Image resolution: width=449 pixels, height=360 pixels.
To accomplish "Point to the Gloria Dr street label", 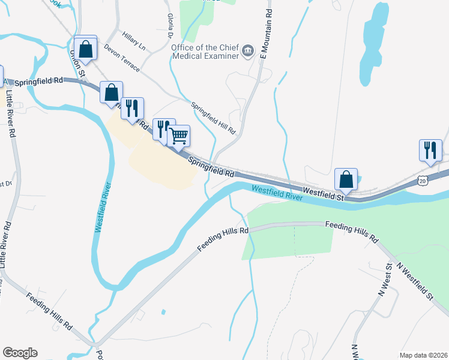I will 172,25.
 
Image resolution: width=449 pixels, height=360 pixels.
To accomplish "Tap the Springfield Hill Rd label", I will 213,118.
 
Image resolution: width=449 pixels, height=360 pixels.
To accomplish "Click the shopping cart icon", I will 178,136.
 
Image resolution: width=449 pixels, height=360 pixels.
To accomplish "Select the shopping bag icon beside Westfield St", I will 346,179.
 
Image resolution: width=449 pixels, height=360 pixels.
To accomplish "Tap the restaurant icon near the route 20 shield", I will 430,150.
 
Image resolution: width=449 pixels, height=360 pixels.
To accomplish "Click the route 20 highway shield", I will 423,180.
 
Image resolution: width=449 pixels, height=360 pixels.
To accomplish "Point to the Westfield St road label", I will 323,193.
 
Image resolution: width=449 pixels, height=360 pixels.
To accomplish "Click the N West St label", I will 384,281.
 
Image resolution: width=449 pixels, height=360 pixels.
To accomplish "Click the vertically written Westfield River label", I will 101,207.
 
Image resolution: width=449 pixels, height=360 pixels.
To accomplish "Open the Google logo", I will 20,353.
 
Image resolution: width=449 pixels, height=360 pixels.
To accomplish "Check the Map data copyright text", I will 423,355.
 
